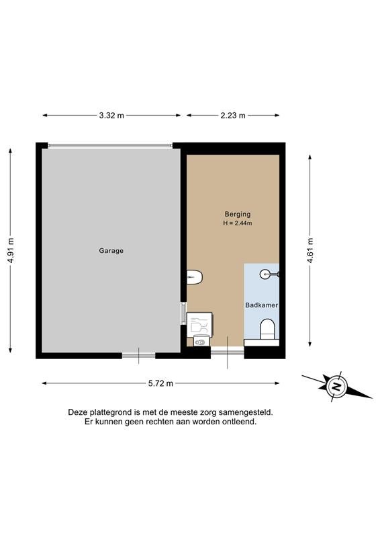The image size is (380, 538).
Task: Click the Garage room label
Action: pos(111,251)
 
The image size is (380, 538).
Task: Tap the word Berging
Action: pos(238,215)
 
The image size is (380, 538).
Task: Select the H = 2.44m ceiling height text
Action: pos(238,223)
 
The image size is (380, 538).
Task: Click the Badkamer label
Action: pos(261,305)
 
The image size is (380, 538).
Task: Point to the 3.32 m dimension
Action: pos(111,116)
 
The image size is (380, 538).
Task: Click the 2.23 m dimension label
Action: pos(233,116)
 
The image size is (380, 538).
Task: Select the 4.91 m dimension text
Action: pos(11,250)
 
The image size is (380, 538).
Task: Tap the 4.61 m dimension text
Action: pos(310,250)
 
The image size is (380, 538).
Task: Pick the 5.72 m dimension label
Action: pos(160,383)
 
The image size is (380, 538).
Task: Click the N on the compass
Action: pos(336,387)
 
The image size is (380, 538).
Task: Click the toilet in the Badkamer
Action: pos(267,330)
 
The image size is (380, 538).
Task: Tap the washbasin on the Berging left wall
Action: pos(195,276)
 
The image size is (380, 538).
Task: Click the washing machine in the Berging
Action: pos(199,323)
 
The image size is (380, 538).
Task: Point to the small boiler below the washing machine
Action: pos(201,341)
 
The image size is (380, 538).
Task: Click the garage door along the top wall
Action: pos(110,145)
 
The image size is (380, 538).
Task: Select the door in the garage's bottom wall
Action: pos(138,356)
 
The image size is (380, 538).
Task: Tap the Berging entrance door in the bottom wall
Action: pos(227,350)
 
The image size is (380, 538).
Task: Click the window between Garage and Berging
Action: pos(184,313)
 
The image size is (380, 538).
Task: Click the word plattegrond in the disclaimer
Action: pos(107,413)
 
